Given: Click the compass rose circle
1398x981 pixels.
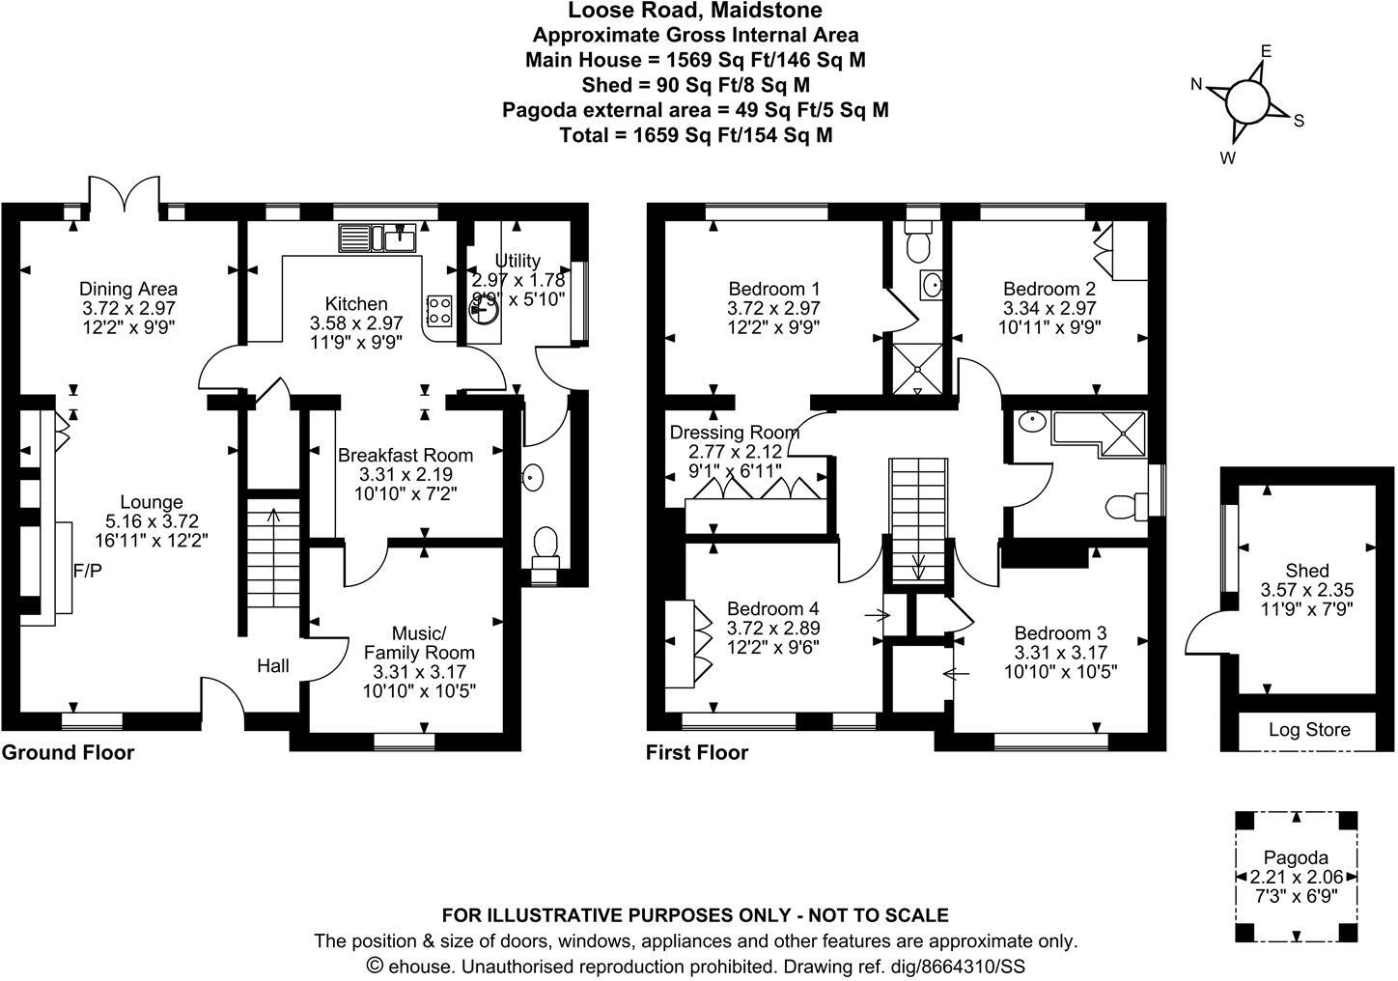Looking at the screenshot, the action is (x=1246, y=99).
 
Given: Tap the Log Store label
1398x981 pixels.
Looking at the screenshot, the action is (x=1308, y=730).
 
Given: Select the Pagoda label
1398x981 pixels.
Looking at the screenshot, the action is (x=1296, y=857).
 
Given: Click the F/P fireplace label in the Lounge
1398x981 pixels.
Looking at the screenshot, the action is (x=87, y=572).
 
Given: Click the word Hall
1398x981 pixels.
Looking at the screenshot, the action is (x=273, y=665).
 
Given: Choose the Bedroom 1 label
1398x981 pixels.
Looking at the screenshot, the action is (x=773, y=289).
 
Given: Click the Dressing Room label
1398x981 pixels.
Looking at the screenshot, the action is (x=734, y=433).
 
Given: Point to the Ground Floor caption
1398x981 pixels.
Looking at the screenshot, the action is (x=68, y=752).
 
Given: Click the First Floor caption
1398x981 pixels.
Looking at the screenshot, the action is (x=697, y=752).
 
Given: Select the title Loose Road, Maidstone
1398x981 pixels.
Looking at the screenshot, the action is (x=695, y=11).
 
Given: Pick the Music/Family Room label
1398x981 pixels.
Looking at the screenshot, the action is (x=419, y=643).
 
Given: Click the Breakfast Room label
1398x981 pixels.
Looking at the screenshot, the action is (x=405, y=455).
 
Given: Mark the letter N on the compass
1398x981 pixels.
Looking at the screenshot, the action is (x=1196, y=84).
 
